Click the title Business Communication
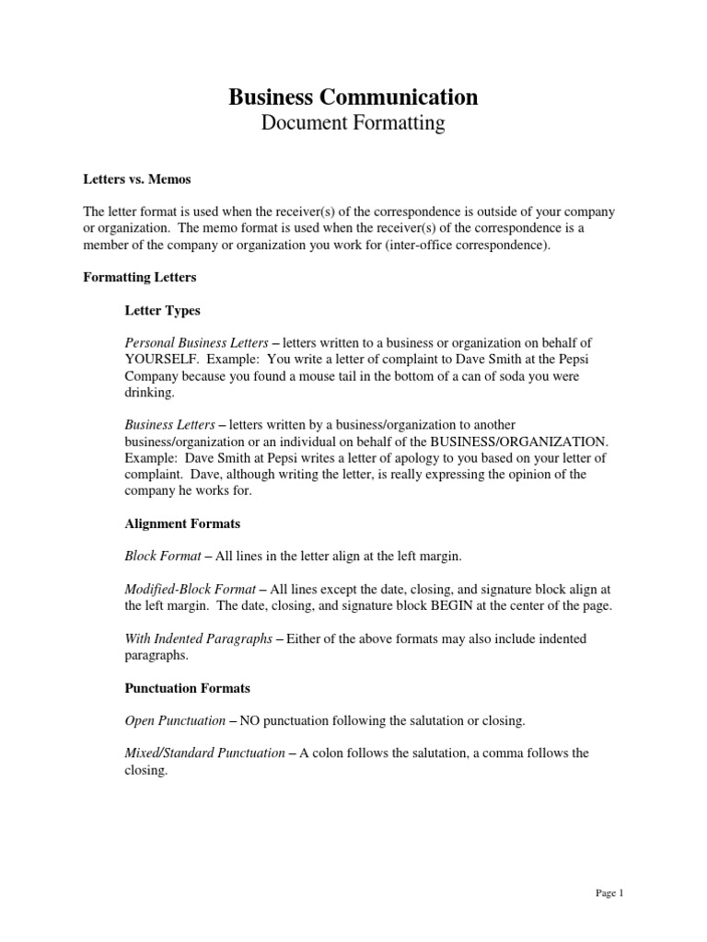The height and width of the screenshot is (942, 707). (353, 97)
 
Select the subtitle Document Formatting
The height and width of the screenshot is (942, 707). (353, 123)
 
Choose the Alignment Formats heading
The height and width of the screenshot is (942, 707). (182, 523)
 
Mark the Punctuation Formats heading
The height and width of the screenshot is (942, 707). (187, 687)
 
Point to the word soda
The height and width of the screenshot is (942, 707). (527, 377)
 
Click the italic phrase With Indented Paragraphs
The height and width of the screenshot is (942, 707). (198, 638)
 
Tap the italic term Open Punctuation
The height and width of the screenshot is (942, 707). (174, 720)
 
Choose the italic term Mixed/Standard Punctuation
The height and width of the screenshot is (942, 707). (204, 753)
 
